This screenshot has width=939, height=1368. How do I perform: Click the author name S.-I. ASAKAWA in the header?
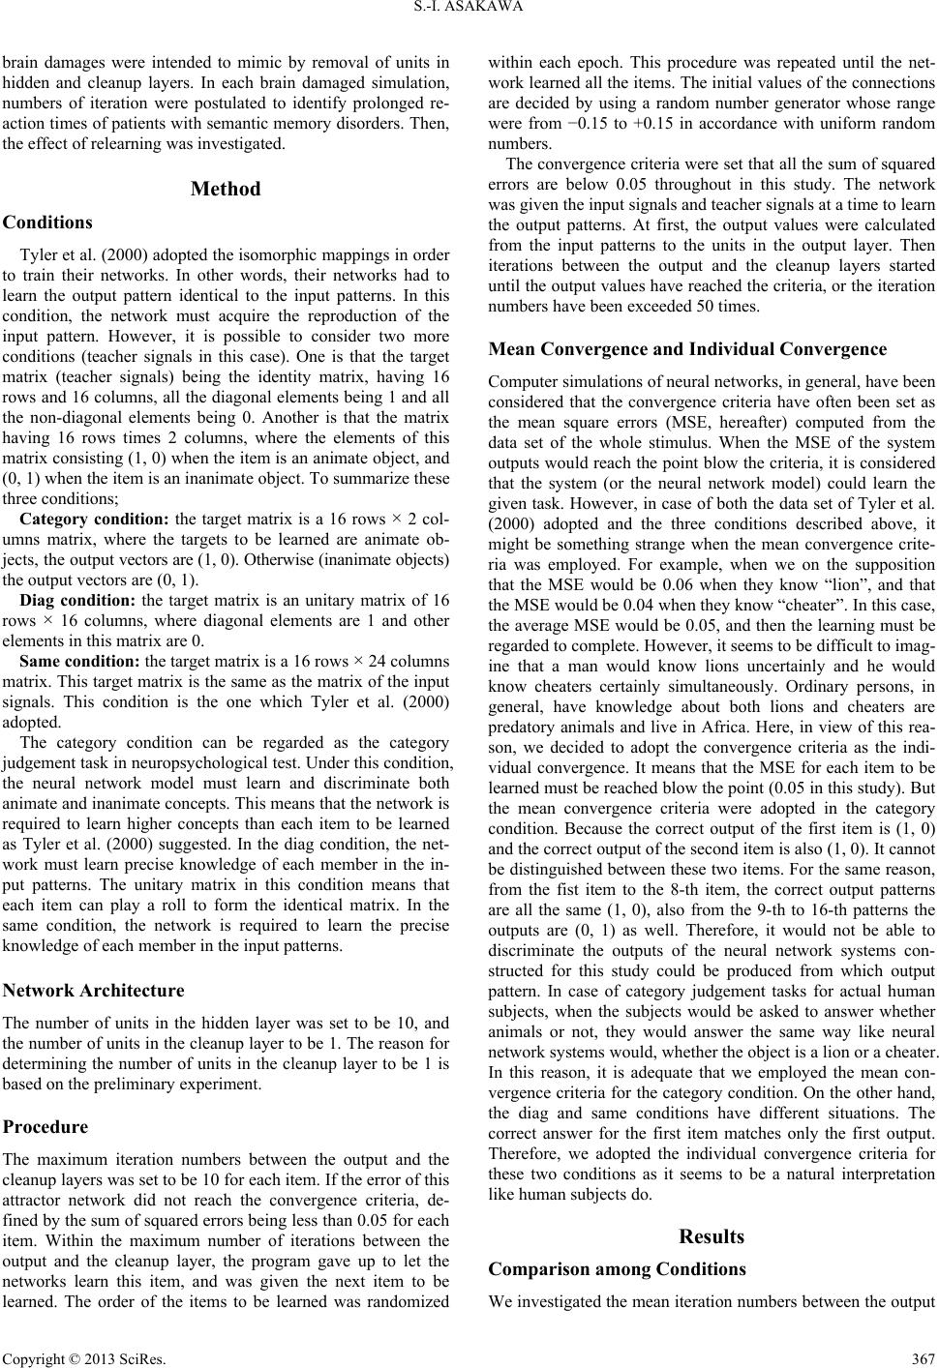(469, 12)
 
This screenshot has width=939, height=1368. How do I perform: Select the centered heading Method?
(226, 189)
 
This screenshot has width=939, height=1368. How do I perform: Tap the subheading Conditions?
(47, 223)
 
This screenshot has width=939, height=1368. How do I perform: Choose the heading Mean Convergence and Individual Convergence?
(687, 349)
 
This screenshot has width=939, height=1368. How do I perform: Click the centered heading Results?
(712, 1236)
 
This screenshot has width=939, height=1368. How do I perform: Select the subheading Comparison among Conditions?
(618, 1269)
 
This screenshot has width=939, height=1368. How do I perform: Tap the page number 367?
(923, 1354)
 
